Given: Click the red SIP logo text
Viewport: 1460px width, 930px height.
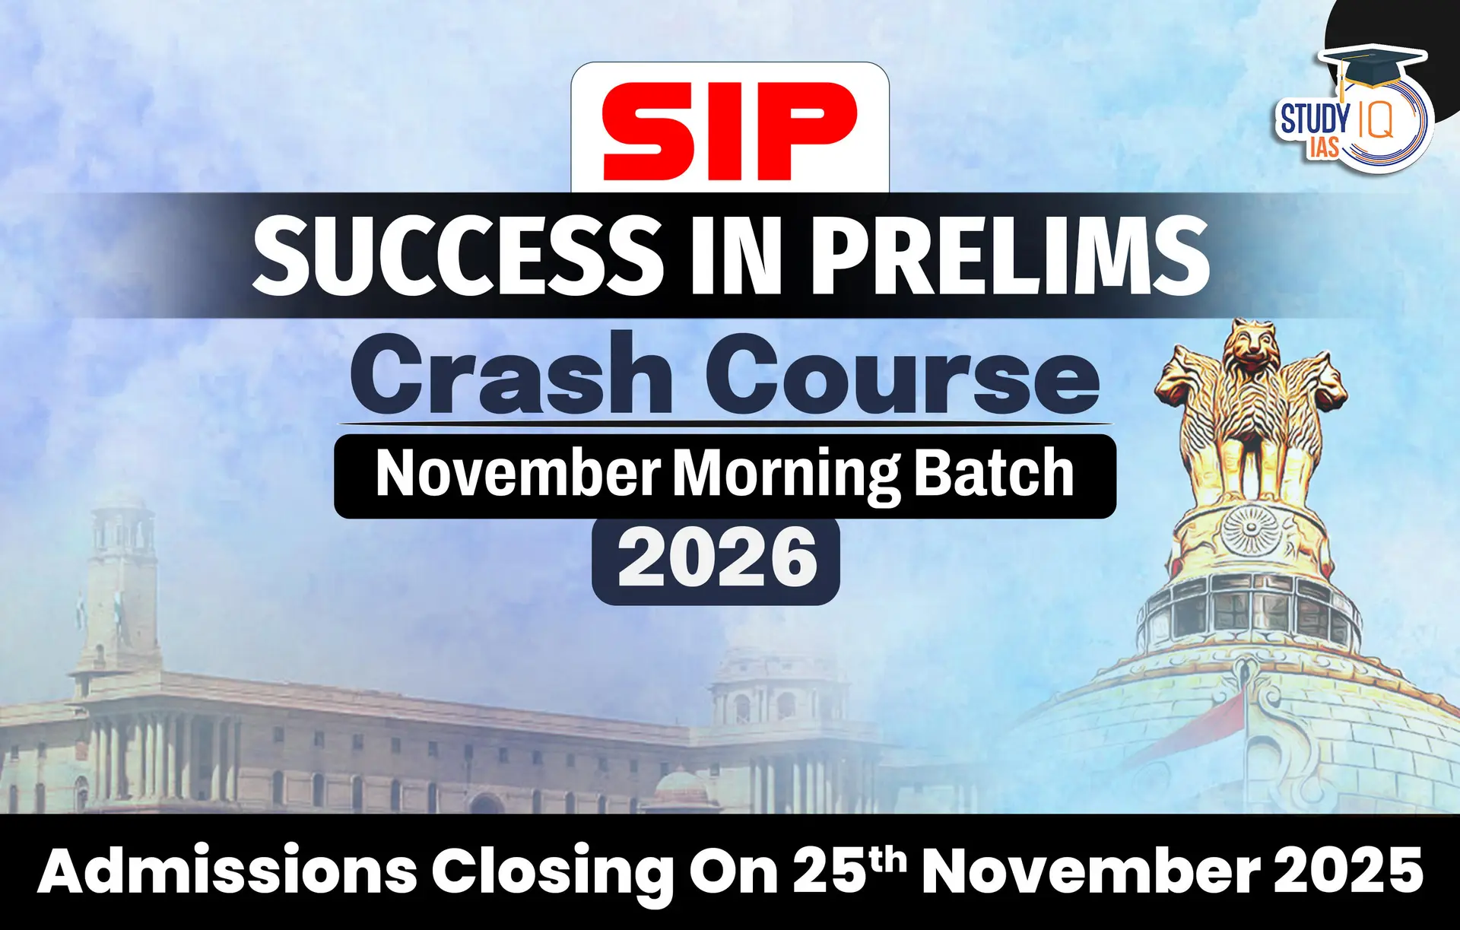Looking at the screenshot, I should pos(729,131).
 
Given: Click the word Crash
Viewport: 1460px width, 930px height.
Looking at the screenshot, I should pos(510,375).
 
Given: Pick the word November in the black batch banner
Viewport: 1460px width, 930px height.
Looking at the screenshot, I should pos(518,475).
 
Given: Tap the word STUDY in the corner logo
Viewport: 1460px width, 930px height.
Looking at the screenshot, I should pos(1315,120).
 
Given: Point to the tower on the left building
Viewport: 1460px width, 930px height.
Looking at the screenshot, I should pos(121,578).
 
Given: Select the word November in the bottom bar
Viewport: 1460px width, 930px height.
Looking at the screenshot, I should pos(1092,871).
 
